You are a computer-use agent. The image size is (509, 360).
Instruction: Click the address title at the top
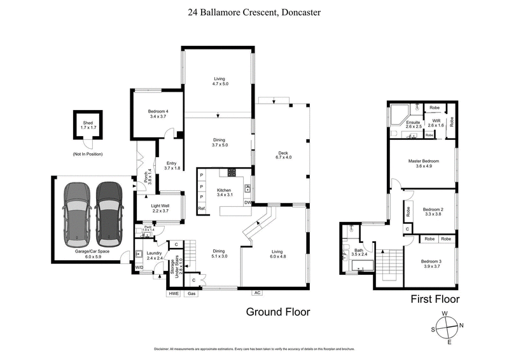254,11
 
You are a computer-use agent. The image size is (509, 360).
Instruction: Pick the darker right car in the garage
109,213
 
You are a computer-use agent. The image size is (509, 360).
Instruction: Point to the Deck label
283,155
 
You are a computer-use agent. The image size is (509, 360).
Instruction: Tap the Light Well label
160,207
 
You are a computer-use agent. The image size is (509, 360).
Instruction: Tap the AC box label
257,293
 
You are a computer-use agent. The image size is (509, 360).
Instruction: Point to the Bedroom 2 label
433,211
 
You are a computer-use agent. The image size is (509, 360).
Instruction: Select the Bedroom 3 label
433,263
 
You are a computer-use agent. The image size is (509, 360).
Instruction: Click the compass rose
448,328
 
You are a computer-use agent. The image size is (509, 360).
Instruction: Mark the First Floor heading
433,299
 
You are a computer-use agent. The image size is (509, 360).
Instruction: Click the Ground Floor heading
278,312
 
